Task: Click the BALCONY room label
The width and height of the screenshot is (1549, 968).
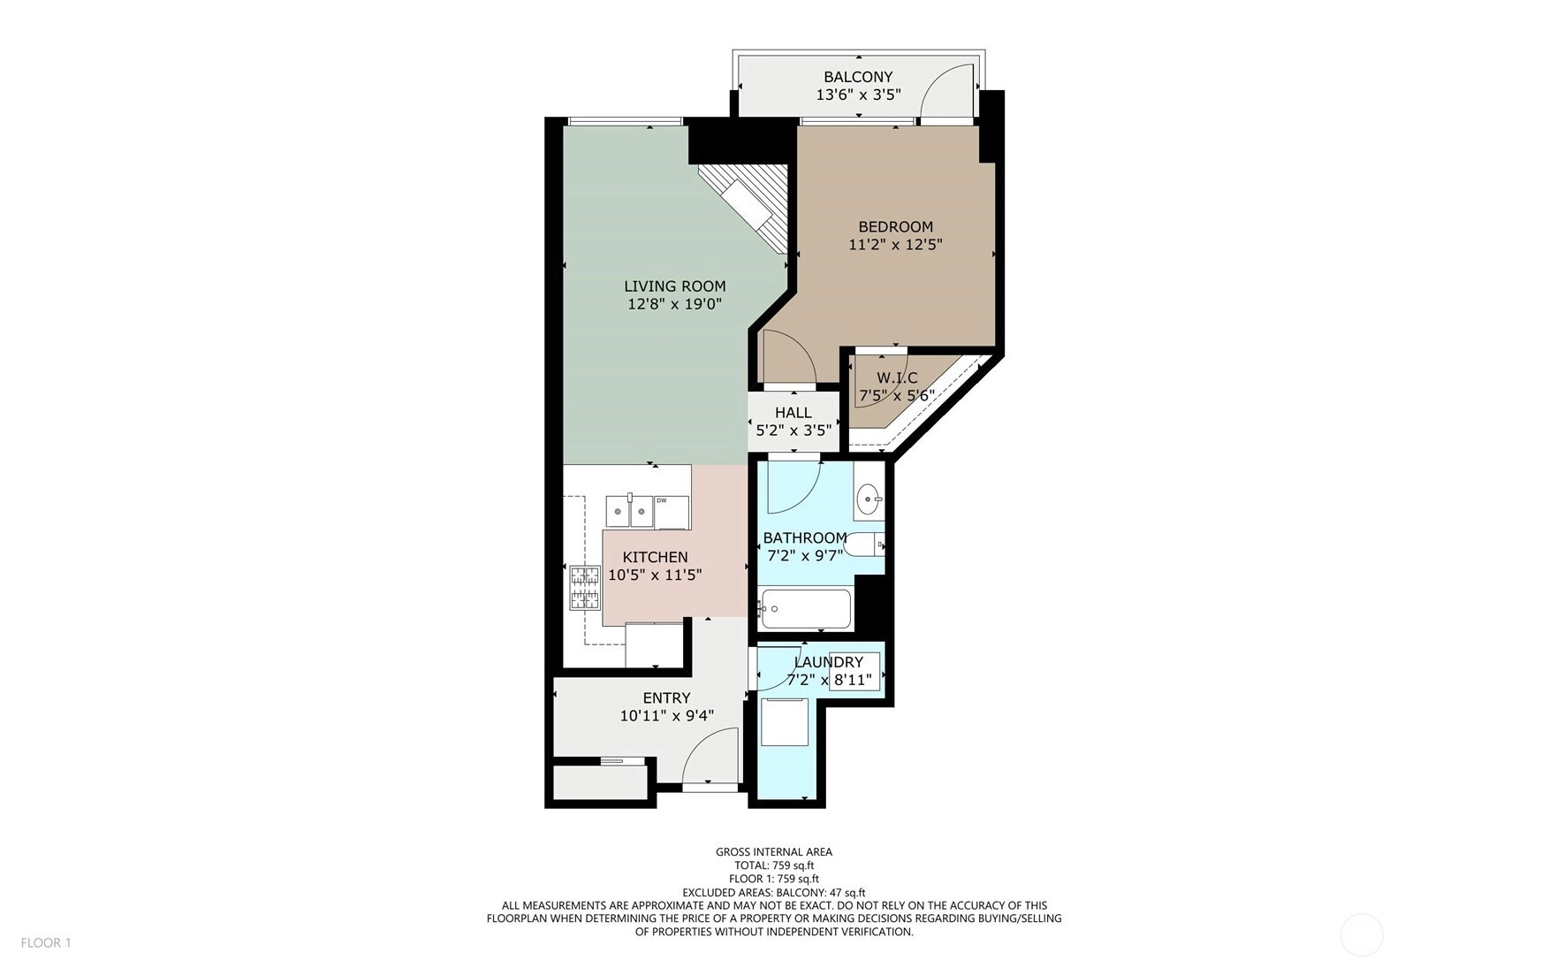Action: click(858, 77)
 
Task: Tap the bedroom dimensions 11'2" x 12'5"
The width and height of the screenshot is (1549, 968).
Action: click(895, 245)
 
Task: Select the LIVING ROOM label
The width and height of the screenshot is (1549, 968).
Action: click(675, 286)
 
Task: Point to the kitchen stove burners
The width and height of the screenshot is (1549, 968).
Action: click(584, 588)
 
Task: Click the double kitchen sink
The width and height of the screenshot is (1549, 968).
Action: click(629, 511)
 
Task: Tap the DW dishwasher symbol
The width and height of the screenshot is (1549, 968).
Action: click(672, 513)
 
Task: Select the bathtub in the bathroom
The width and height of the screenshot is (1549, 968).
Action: click(804, 609)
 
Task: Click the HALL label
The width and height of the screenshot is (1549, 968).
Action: click(793, 413)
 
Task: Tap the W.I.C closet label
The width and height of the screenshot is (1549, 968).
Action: click(897, 378)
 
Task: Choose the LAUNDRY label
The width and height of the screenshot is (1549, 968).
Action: click(828, 662)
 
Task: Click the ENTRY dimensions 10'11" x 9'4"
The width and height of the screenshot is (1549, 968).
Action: click(667, 716)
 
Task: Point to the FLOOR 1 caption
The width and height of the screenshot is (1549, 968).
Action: click(46, 942)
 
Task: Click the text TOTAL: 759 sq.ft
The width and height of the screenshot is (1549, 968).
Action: click(774, 865)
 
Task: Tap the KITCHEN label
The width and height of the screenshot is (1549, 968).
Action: click(655, 557)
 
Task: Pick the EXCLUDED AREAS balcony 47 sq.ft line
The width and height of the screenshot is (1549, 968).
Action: click(774, 892)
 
